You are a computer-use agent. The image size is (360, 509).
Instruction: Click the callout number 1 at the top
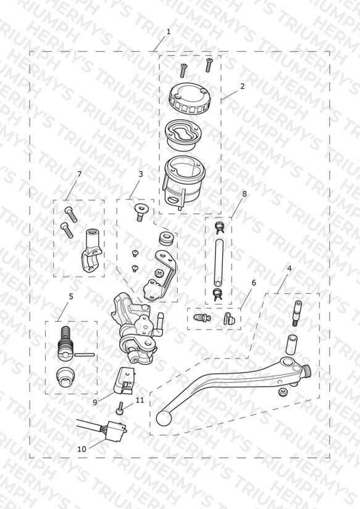click(x=169, y=32)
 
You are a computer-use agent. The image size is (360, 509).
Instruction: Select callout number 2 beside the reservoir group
click(x=242, y=86)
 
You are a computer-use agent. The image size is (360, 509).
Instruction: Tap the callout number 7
click(x=79, y=174)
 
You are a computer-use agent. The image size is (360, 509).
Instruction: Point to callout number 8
click(x=245, y=194)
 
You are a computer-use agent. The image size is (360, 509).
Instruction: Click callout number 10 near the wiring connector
click(x=82, y=449)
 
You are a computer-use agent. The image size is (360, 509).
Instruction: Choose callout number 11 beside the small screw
click(x=140, y=400)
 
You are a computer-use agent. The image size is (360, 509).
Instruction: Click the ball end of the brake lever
click(x=163, y=418)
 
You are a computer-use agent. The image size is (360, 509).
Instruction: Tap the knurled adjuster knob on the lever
click(x=306, y=371)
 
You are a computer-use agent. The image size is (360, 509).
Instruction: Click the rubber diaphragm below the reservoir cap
click(x=183, y=136)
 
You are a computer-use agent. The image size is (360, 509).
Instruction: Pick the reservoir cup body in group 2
click(x=184, y=182)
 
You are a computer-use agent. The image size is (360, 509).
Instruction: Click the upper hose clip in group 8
click(x=219, y=227)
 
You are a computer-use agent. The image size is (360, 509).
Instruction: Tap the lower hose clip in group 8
click(x=218, y=294)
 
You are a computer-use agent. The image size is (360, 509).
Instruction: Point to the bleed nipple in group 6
click(x=201, y=317)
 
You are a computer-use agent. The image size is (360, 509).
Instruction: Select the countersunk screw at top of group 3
click(x=141, y=212)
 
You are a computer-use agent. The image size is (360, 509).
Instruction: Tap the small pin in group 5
click(x=85, y=355)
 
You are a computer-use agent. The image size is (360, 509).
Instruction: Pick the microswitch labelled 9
click(x=123, y=380)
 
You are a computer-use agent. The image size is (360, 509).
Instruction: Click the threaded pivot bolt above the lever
click(x=298, y=313)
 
